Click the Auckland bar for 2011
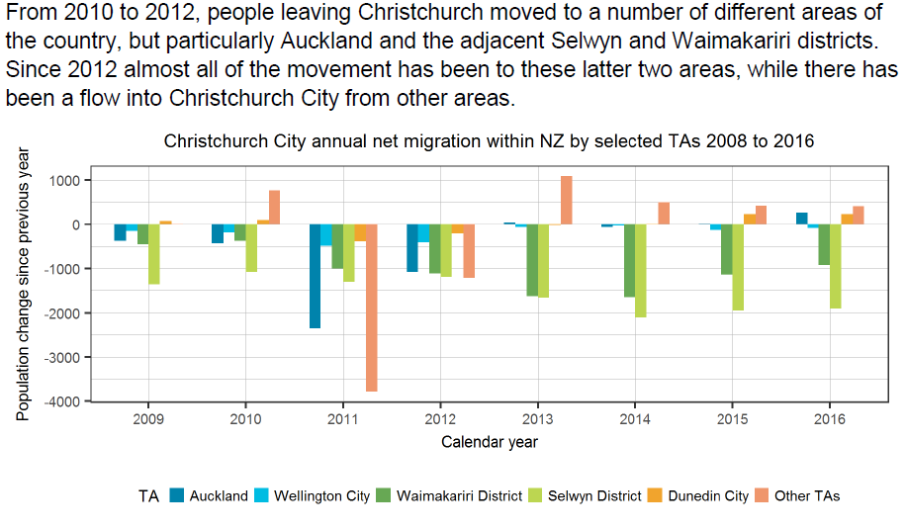[315, 276]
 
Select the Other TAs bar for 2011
[372, 308]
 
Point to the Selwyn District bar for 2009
[154, 254]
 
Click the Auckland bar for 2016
[801, 219]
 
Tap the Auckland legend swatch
[177, 495]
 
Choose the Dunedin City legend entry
[708, 495]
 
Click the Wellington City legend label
[321, 495]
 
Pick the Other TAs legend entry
[807, 495]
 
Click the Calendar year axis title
[489, 442]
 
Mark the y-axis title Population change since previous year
[24, 284]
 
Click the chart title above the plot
[489, 140]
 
